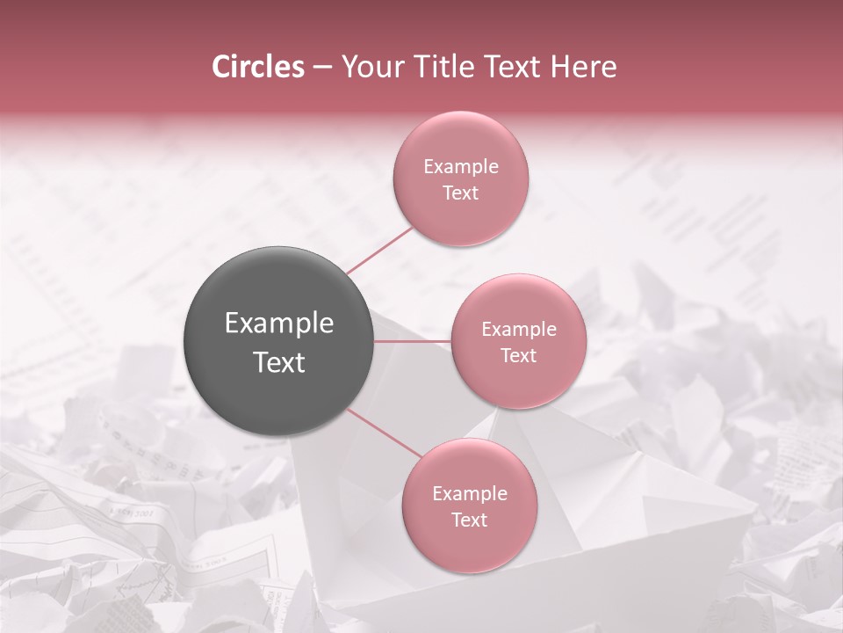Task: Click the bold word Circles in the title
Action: [x=258, y=67]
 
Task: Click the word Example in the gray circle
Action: [x=279, y=324]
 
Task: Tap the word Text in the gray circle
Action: [x=279, y=362]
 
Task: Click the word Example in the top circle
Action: [x=461, y=167]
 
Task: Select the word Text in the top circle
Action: [x=460, y=193]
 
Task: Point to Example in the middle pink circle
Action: [x=519, y=330]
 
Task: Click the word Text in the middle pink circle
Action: [x=518, y=356]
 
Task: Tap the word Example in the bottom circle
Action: [x=470, y=494]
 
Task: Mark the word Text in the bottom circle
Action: [x=469, y=520]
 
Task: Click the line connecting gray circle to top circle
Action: [x=379, y=250]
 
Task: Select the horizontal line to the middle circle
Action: [x=413, y=341]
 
